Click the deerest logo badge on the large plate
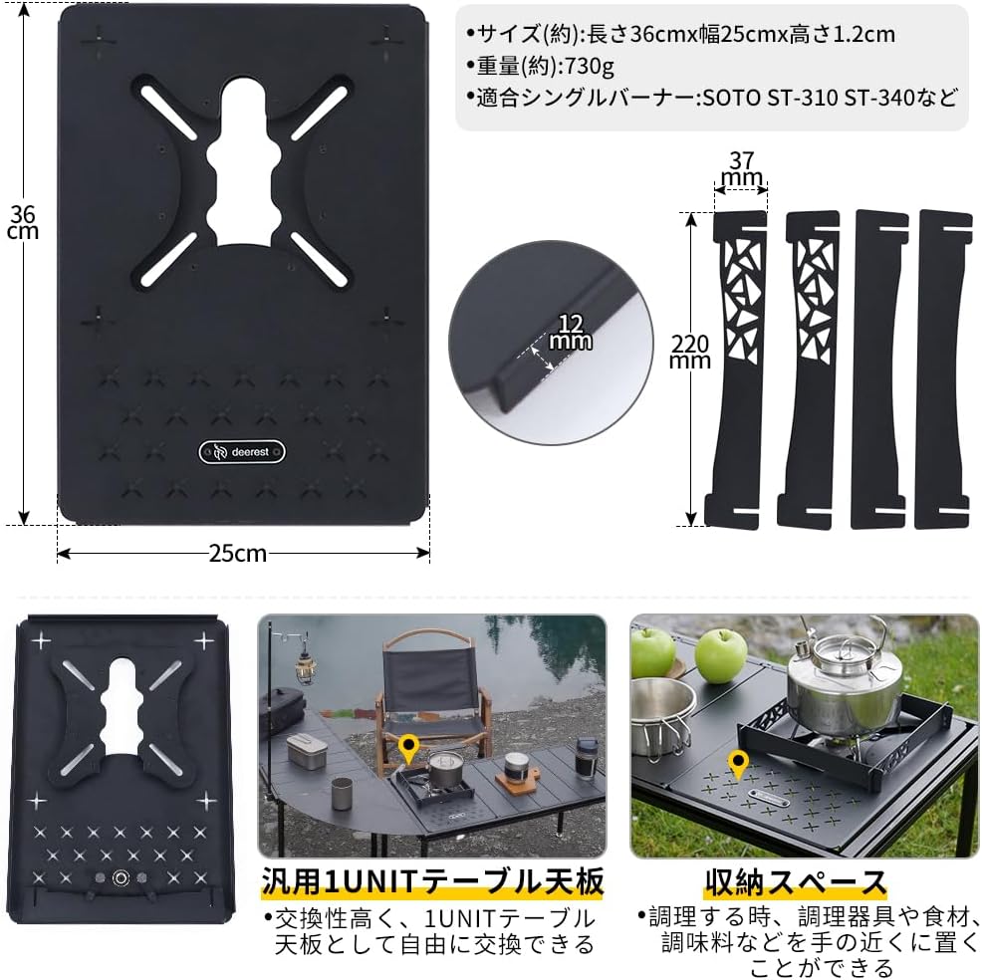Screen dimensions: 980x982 pyautogui.click(x=244, y=450)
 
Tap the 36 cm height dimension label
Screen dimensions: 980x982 pyautogui.click(x=22, y=222)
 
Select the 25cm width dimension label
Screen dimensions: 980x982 pyautogui.click(x=239, y=553)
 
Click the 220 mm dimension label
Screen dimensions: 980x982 pyautogui.click(x=690, y=351)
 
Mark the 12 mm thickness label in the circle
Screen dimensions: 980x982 pyautogui.click(x=568, y=334)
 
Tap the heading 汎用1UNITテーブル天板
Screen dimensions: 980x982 pyautogui.click(x=432, y=882)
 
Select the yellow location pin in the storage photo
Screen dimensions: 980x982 pyautogui.click(x=738, y=766)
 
